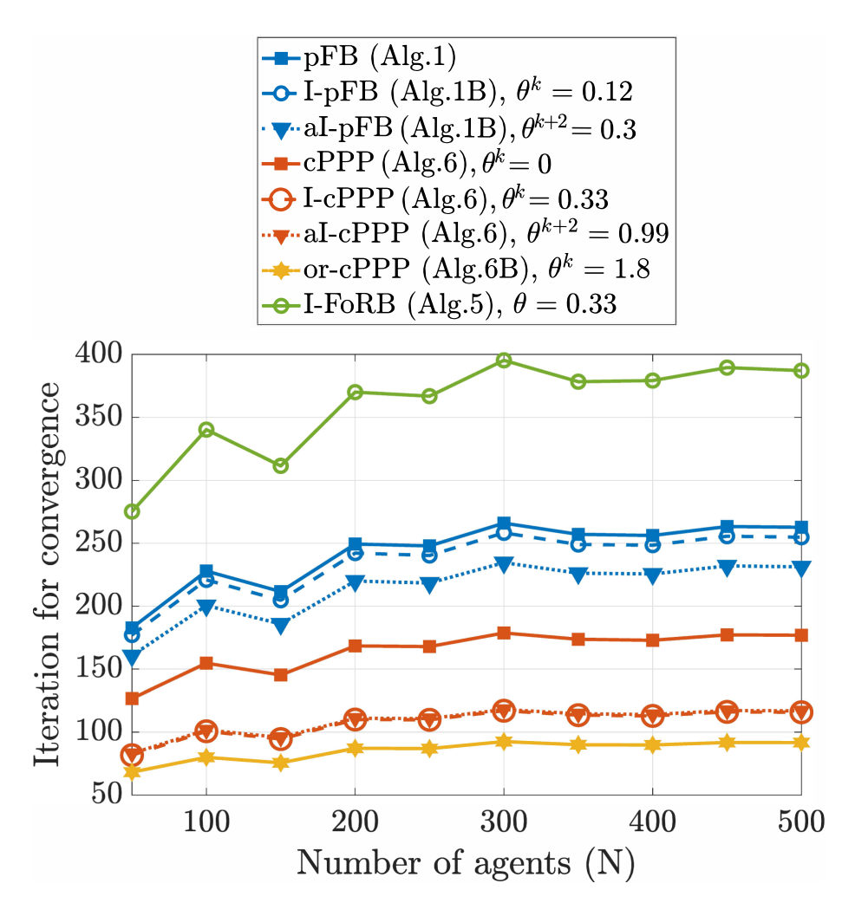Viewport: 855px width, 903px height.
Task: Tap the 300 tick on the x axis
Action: point(503,822)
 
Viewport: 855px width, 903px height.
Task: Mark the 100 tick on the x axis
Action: point(206,822)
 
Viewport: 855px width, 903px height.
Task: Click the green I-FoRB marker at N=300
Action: point(503,361)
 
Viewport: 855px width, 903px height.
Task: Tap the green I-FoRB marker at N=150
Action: point(280,465)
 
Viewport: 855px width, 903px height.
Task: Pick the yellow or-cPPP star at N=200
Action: point(355,748)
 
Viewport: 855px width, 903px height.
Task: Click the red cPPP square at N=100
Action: point(206,663)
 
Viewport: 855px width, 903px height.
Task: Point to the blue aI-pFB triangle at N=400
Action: point(651,575)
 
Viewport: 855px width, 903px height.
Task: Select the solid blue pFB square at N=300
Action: point(503,523)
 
